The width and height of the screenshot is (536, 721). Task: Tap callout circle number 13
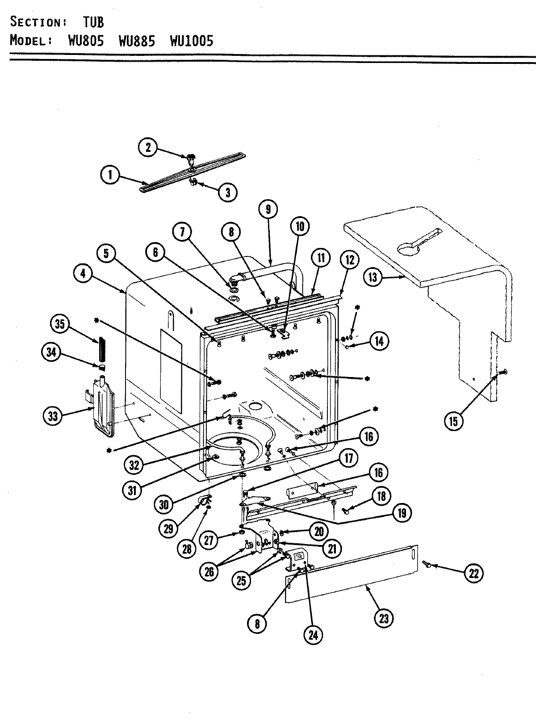point(373,277)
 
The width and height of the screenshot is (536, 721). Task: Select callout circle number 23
point(384,618)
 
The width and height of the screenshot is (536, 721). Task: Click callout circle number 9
point(268,210)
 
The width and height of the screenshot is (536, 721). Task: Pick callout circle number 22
point(473,573)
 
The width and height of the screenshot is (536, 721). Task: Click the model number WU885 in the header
point(137,41)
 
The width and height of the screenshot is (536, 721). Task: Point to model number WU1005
point(191,41)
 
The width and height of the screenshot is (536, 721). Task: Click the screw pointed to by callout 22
point(428,566)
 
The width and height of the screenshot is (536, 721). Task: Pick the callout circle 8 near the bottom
point(257,624)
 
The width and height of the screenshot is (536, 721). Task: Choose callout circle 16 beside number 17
point(378,473)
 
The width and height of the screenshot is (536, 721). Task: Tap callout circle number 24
point(313,634)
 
